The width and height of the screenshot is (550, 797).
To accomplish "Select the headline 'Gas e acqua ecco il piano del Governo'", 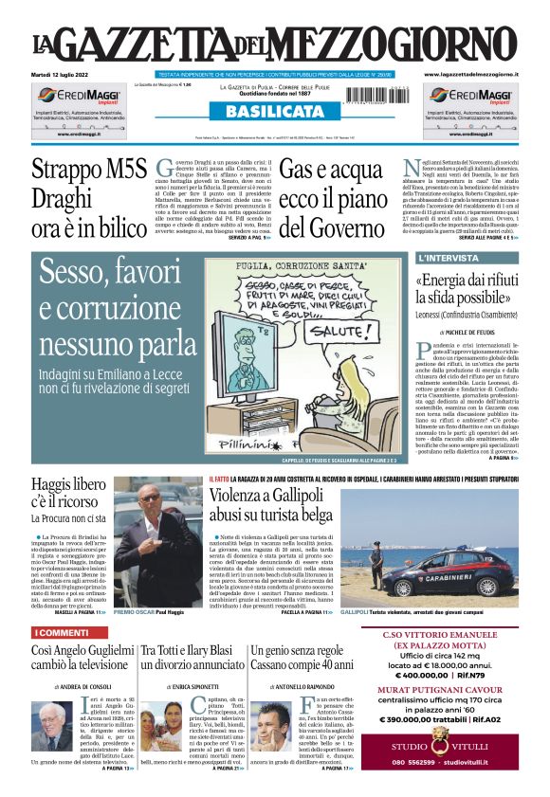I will pos(331,199).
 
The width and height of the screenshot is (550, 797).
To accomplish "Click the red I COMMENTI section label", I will pos(63,606).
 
